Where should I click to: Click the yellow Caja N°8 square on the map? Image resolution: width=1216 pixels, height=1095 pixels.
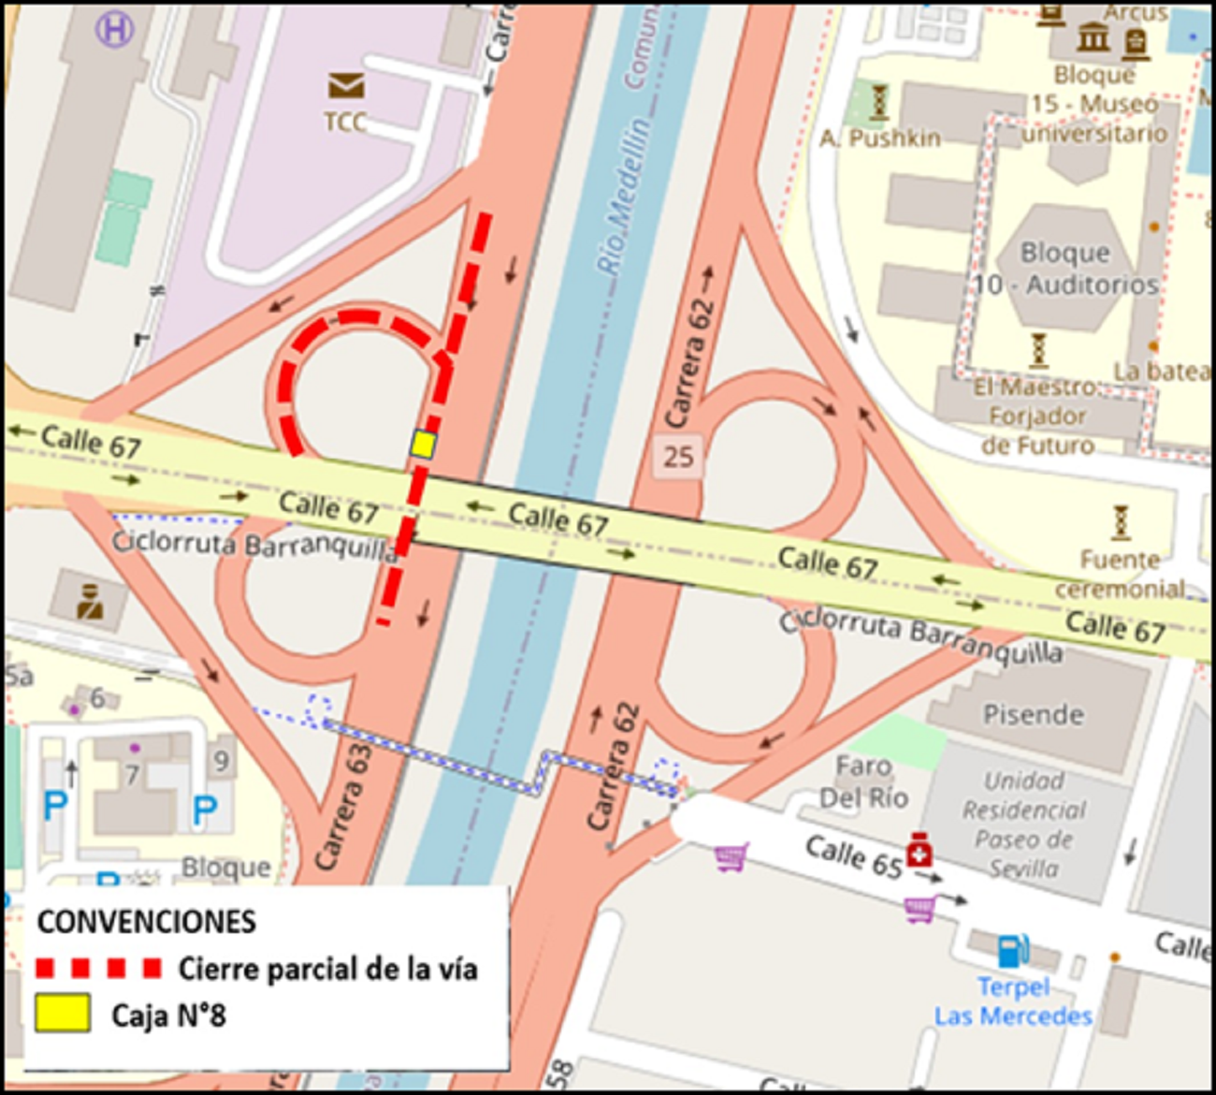pos(423,444)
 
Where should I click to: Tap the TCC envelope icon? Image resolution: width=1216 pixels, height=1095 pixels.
pos(345,86)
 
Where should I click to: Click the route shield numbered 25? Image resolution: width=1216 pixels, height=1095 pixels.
pos(678,457)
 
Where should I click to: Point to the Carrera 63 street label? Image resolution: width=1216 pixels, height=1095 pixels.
pos(342,806)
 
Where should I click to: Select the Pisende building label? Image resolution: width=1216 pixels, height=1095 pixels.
pos(1033,715)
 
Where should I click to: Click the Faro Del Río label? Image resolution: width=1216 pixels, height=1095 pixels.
pos(862,781)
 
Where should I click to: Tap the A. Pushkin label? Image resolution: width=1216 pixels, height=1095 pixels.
pos(880,139)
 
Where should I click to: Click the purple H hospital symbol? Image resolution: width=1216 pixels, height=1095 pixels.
pos(114,30)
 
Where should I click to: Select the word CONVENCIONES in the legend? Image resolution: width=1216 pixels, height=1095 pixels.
pos(146,922)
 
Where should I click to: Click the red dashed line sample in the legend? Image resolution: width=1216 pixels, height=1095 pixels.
pos(97,968)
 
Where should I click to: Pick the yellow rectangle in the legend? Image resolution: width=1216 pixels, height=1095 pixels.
pos(63,1014)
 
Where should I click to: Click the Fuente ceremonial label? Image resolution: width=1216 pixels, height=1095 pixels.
pos(1121,574)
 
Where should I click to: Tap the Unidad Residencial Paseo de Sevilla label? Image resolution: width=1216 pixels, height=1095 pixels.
pos(1024,824)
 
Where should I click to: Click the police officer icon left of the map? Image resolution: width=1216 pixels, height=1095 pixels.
pos(90,600)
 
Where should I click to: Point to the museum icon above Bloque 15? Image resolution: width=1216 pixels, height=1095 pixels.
pos(1093,38)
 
